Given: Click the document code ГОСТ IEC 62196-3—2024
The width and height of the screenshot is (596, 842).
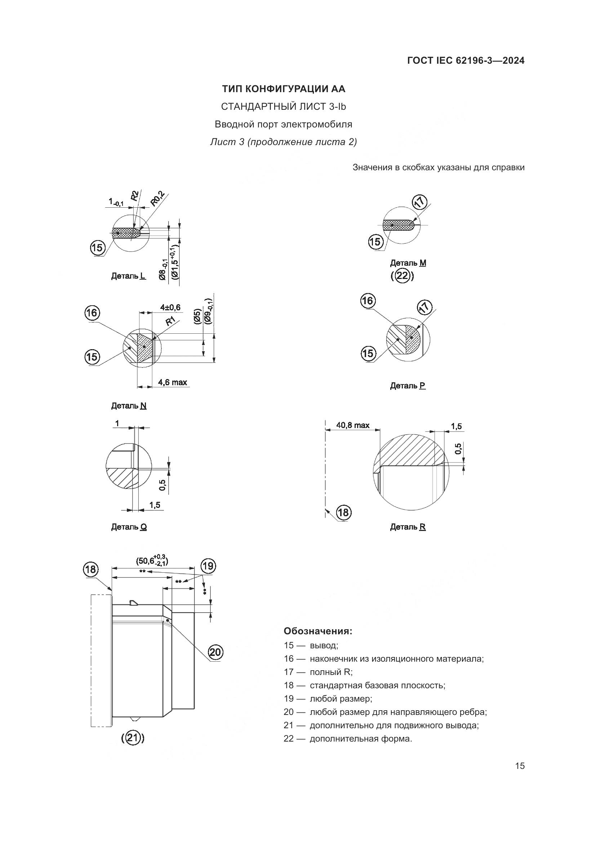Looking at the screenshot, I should point(465,61).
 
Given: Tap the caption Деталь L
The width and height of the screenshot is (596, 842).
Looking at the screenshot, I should point(128,276).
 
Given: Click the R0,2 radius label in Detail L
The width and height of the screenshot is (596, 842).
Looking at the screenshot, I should point(158,199).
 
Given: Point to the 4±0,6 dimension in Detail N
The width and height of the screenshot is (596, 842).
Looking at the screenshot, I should point(170,307).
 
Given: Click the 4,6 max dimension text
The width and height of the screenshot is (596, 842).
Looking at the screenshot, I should point(173,383).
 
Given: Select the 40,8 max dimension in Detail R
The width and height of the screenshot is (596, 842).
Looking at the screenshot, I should point(353,425).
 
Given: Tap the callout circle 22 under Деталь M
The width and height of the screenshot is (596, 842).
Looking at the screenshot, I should point(402,275).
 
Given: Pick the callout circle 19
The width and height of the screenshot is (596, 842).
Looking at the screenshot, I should point(208,566).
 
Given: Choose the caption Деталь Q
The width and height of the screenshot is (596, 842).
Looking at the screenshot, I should point(129,527).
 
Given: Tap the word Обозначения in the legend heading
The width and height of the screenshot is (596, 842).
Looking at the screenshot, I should point(318,631).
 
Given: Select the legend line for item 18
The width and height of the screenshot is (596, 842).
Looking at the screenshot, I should point(364,685).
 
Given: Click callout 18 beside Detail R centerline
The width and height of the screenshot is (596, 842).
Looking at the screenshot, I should point(343,512).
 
